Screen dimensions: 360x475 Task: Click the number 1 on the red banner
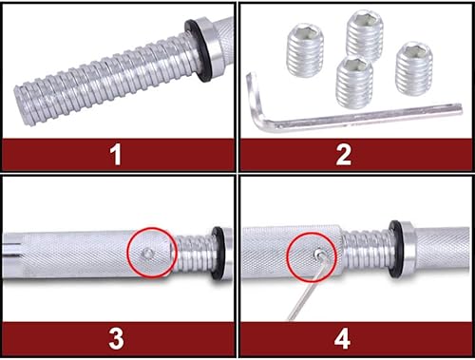116,155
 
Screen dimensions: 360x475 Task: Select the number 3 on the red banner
116,335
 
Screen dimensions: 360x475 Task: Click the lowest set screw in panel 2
354,80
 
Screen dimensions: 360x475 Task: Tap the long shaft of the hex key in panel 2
361,118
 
